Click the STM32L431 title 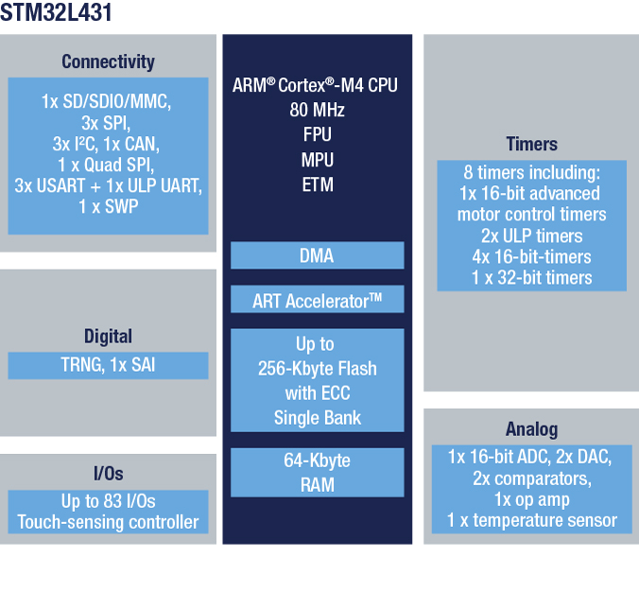[56, 12]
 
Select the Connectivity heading [108, 62]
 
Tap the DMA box [317, 255]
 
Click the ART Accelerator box [317, 300]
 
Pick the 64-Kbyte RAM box [317, 473]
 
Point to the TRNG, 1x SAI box [108, 366]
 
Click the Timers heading [531, 144]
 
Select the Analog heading [531, 429]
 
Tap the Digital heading [108, 337]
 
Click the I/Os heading [108, 474]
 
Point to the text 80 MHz [317, 110]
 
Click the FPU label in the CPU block [317, 134]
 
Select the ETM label [318, 184]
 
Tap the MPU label [318, 160]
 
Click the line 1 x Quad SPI [106, 165]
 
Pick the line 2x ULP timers [532, 235]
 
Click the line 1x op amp [531, 499]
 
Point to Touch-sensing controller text [108, 522]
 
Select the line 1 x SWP [109, 207]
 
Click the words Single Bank [317, 418]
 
